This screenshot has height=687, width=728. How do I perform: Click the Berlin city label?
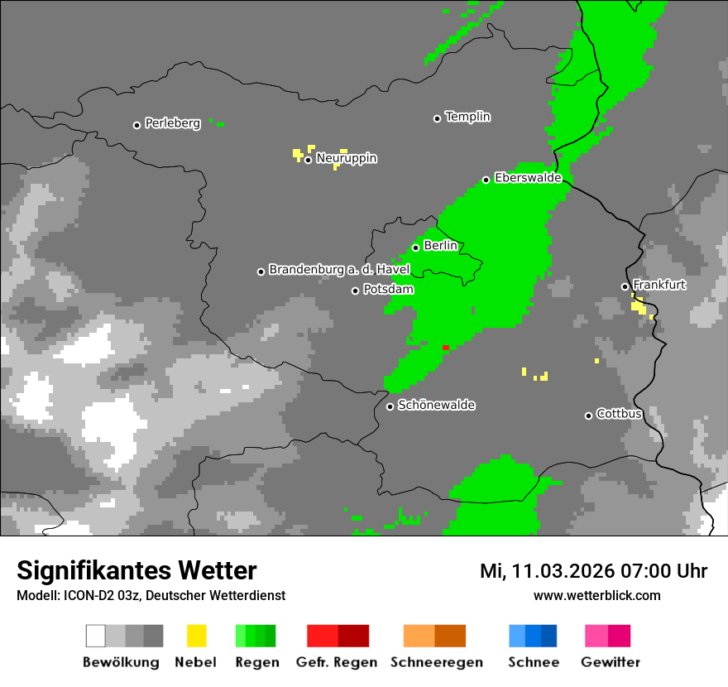pos(440,246)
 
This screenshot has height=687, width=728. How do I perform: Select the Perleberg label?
pos(172,123)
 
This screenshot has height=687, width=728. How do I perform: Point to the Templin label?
pos(467,117)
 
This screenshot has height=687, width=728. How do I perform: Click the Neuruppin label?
pos(346,158)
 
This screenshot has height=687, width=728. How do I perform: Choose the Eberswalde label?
pos(528,178)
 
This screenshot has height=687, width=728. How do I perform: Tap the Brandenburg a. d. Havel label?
pos(339,270)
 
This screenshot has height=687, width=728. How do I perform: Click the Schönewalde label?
pos(436,406)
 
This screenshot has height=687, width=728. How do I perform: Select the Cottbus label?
pos(619,414)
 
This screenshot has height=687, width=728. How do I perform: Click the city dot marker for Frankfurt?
pos(625,286)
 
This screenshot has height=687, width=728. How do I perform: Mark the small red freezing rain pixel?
pos(446,348)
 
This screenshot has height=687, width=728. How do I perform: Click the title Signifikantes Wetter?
pos(136,570)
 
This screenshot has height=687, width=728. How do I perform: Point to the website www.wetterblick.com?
pos(596,595)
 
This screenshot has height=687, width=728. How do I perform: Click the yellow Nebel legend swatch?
pos(196,636)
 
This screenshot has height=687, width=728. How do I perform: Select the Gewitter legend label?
pos(610,662)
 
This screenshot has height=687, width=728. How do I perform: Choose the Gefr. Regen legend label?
pos(337,662)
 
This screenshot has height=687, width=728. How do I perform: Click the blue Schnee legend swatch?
pos(532,636)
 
